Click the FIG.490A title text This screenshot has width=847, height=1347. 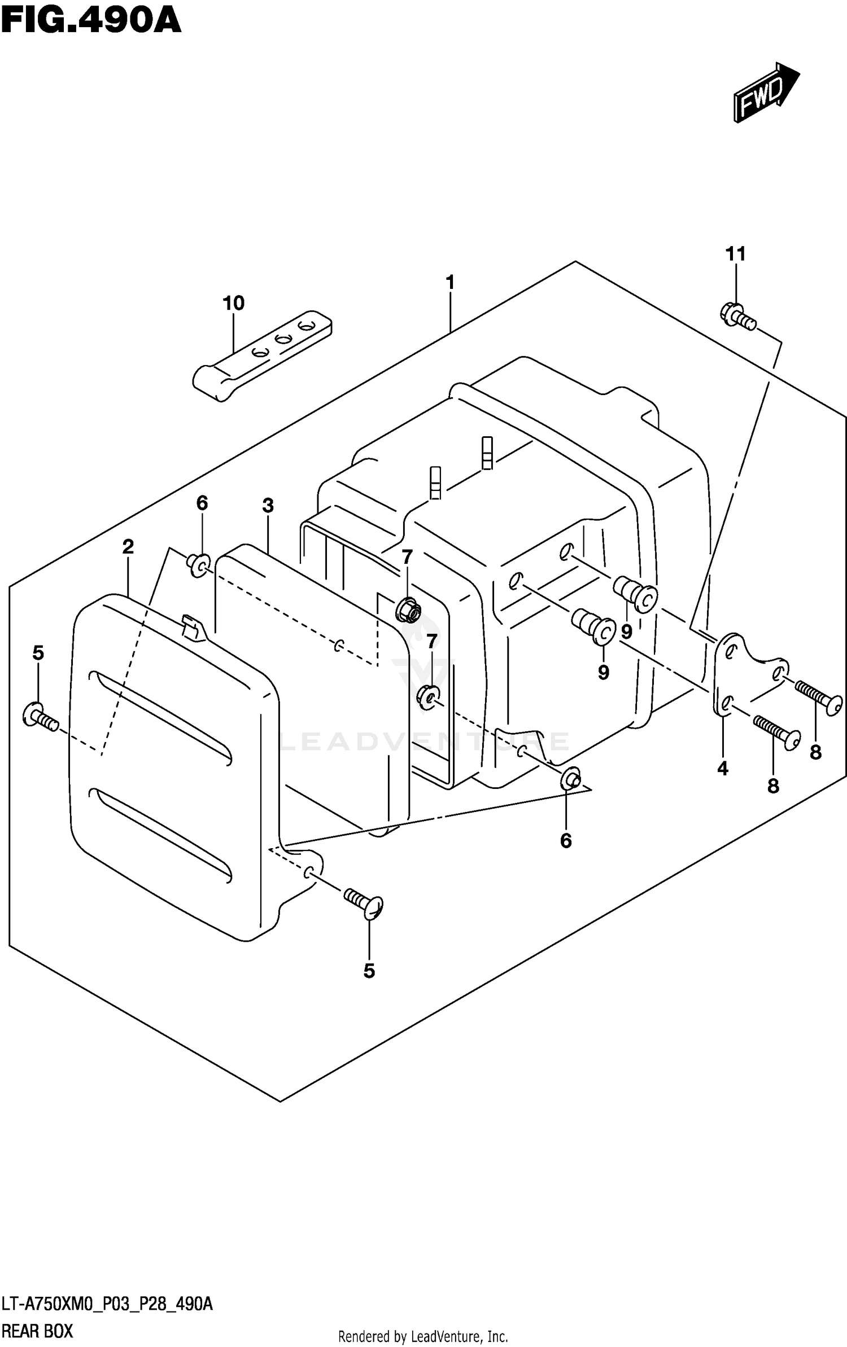coord(90,21)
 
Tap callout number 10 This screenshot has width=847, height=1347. coord(233,304)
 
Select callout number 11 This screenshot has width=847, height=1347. coord(735,254)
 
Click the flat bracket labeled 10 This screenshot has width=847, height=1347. coord(263,356)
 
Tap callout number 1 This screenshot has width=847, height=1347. coord(450,282)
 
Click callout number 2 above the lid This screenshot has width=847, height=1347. coord(128,546)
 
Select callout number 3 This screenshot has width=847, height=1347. coord(268,506)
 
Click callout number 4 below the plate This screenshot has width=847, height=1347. coord(723,769)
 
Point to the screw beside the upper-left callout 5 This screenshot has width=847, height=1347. coord(40,717)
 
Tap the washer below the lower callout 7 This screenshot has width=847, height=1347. coord(429,698)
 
